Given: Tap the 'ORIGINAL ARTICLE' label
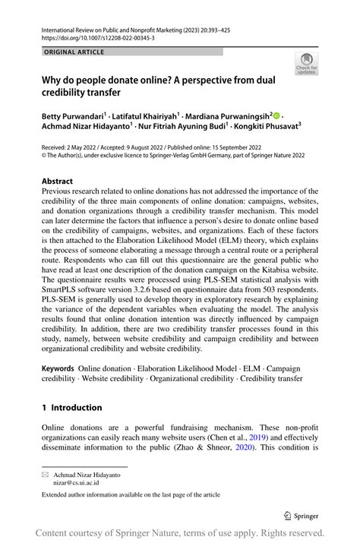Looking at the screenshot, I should [x=75, y=52].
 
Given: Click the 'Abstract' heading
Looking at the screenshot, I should [x=57, y=181].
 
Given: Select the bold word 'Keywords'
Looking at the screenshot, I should [x=58, y=367].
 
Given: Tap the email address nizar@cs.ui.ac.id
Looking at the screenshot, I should [x=75, y=482].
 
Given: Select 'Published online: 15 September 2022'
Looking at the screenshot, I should [x=235, y=150].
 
